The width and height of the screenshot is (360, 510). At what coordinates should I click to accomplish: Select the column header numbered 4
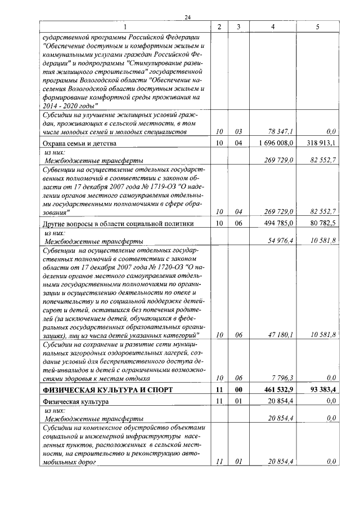pos(273,26)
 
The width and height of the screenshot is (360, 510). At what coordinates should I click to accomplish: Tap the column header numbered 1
pos(125,26)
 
